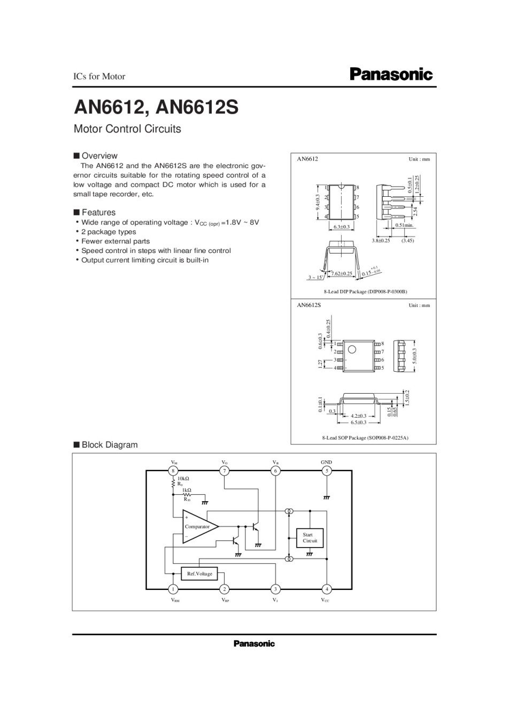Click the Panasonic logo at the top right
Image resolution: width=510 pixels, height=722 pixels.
[391, 74]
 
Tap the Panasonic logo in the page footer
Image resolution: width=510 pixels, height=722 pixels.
[254, 643]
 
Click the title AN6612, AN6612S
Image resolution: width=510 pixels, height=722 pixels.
[156, 107]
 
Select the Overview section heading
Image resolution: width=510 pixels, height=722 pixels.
[99, 156]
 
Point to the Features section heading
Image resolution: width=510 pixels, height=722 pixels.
[98, 212]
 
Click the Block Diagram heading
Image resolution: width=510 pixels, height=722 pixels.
[109, 444]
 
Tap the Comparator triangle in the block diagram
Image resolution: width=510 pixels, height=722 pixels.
[198, 527]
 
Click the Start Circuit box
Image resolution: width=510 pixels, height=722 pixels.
[310, 537]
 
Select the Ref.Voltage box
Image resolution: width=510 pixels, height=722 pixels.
[199, 574]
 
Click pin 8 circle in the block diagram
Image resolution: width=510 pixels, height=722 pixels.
[173, 471]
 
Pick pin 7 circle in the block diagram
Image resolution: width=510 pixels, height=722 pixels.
[225, 471]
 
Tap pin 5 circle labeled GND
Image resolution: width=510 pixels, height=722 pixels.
[327, 471]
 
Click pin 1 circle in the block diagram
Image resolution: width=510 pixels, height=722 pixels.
[173, 589]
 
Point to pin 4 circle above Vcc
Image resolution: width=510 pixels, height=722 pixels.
[327, 589]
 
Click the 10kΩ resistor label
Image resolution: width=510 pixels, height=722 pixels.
[183, 478]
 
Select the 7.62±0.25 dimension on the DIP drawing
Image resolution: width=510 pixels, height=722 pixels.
[342, 273]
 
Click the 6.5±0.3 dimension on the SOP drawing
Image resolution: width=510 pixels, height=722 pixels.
[358, 423]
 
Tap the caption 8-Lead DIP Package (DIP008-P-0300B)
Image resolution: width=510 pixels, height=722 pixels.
[365, 291]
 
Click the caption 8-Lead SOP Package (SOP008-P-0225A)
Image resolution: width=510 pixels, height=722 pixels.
[365, 437]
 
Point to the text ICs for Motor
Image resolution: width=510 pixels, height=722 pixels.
[99, 76]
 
